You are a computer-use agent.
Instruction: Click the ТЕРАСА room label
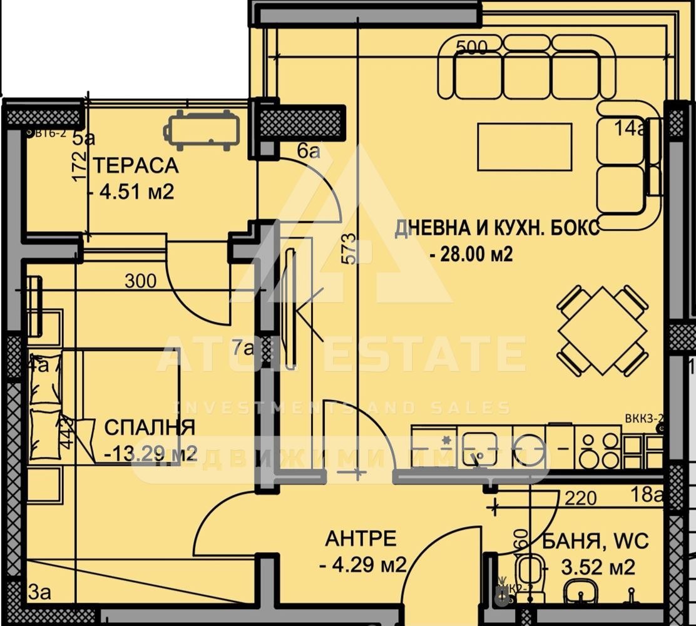(x=136, y=166)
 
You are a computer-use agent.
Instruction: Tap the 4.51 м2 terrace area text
(x=136, y=191)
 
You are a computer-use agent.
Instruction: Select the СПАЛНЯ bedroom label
(x=149, y=428)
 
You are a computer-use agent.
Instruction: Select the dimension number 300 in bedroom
(x=140, y=282)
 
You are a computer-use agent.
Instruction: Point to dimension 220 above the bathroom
(x=580, y=498)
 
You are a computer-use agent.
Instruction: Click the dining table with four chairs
(x=602, y=330)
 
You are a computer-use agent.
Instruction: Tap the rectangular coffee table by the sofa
(x=525, y=147)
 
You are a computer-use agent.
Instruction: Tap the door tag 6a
(x=309, y=151)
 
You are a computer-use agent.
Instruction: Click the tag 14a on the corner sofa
(x=628, y=130)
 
